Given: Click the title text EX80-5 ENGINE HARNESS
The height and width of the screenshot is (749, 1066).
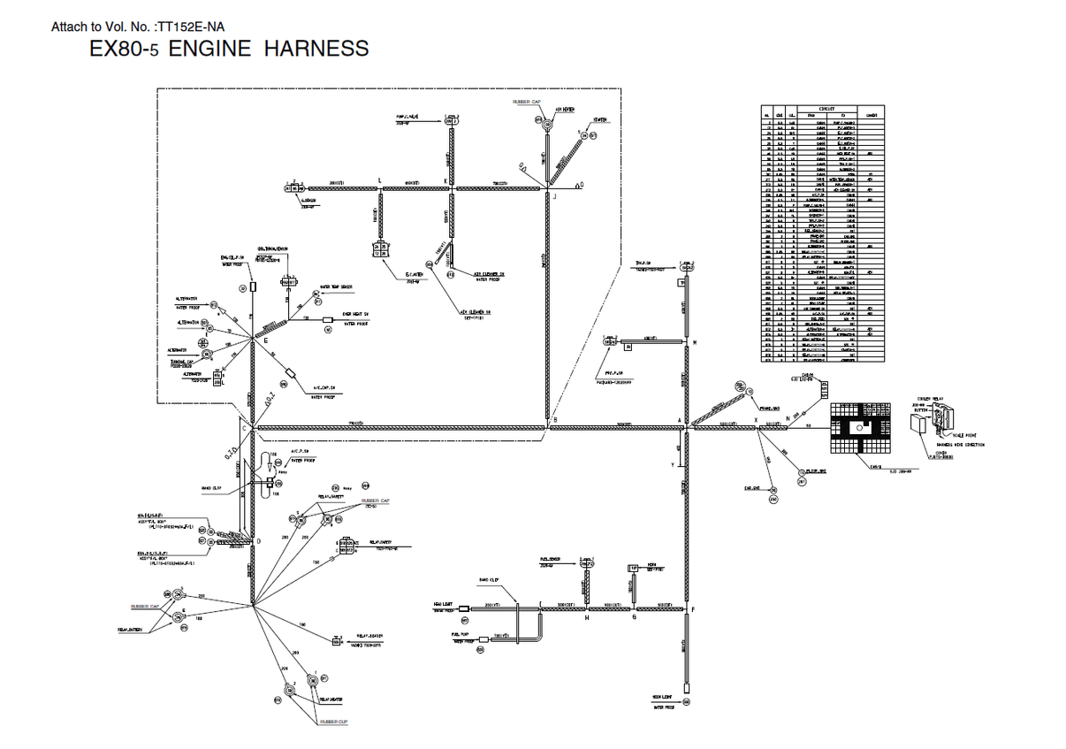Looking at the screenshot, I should (x=229, y=49).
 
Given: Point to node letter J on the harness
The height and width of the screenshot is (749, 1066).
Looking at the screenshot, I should (x=555, y=196).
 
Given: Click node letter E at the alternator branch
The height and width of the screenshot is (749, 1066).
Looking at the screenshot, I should (x=265, y=340).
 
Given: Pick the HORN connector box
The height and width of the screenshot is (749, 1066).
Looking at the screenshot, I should (x=633, y=568).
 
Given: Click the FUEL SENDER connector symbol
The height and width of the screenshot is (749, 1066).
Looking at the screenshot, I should (x=586, y=562).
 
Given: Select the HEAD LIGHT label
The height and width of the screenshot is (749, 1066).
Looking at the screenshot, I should (x=443, y=603).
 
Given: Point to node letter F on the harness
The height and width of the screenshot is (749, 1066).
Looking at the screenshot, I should (x=692, y=609).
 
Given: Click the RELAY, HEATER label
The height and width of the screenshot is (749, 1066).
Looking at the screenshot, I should (x=331, y=699).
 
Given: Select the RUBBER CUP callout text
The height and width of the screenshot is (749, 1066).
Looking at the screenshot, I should (x=334, y=722).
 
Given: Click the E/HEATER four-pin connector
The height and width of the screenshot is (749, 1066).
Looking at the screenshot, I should (x=381, y=249).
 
